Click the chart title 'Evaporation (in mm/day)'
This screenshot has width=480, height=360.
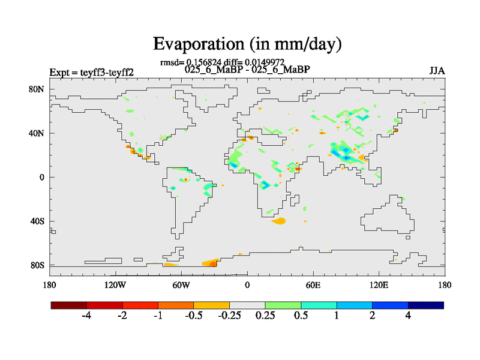tap(247, 44)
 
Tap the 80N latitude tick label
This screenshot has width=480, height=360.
tap(37, 89)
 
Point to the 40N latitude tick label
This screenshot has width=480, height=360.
tap(37, 133)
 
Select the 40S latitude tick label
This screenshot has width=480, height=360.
tap(37, 221)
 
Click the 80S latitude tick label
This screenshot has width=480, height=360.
tap(37, 265)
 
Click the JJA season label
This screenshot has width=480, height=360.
tap(437, 71)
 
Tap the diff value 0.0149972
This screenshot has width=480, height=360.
tap(264, 62)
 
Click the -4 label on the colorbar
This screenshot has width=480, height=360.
tap(86, 316)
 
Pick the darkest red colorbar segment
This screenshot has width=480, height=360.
tap(69, 305)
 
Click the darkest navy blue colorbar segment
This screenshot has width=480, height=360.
tap(425, 305)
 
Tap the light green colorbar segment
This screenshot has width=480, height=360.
tap(283, 305)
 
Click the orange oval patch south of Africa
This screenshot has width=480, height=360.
tap(278, 221)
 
